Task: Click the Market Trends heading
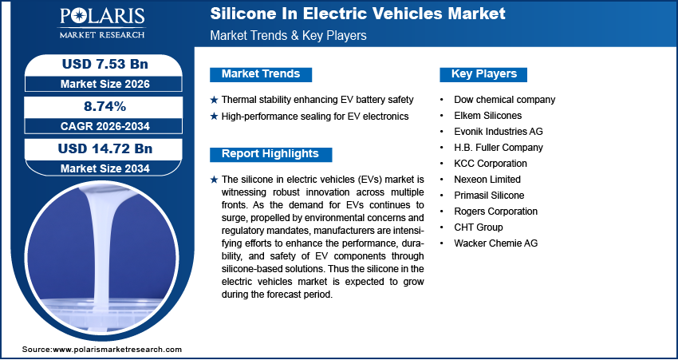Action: [x=261, y=74]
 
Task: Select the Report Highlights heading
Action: [x=270, y=154]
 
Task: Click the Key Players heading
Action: [x=484, y=74]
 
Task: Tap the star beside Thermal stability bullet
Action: [x=214, y=100]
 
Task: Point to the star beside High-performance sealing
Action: [x=214, y=117]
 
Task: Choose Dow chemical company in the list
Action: [x=504, y=100]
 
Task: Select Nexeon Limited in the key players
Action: [x=487, y=180]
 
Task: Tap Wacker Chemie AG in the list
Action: [x=496, y=243]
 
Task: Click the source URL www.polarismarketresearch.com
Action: [x=117, y=350]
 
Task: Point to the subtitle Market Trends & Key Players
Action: [x=289, y=36]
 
